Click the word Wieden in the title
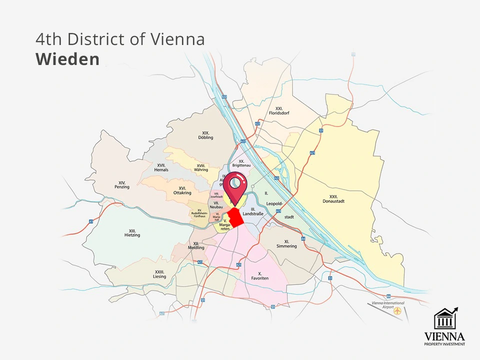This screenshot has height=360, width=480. [x=67, y=59]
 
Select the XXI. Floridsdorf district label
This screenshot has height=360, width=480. [x=279, y=110]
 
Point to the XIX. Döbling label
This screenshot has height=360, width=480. [x=205, y=135]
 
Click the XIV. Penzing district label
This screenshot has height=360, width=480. [x=121, y=185]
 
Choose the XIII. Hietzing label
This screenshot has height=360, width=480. [x=132, y=233]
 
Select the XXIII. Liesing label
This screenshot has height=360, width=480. [x=160, y=274]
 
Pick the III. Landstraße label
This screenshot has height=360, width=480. [x=253, y=211]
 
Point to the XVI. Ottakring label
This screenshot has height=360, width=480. [x=182, y=190]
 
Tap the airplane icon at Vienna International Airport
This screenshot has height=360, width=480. [x=397, y=310]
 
